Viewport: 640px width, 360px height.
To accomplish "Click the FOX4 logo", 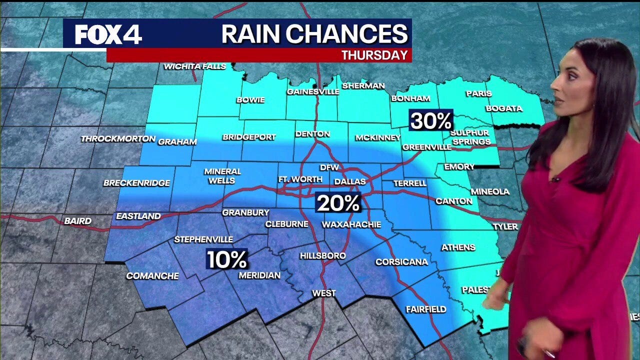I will tap(108, 34).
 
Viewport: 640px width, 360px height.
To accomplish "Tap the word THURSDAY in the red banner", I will tap(374, 55).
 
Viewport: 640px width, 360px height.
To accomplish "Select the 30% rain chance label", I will tap(431, 120).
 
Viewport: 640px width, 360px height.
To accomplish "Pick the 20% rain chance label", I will tap(338, 203).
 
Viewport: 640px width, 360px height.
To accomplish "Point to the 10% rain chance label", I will tap(227, 259).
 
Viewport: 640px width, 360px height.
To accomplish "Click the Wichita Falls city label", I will tap(195, 66).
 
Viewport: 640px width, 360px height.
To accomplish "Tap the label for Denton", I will tap(312, 134).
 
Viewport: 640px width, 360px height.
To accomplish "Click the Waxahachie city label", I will tap(351, 224).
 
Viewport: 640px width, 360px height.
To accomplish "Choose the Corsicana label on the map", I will tap(401, 262).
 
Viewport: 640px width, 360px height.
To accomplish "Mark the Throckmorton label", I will tap(118, 138).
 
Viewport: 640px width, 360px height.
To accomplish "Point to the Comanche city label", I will tap(152, 275).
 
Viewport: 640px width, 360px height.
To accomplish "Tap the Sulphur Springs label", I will tap(470, 137).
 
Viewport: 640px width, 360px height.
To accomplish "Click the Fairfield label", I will tap(425, 309).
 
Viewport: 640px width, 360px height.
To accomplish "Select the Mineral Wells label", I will tap(222, 175).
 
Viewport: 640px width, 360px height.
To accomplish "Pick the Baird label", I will tap(78, 220).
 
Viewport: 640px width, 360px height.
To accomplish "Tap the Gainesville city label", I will tap(313, 91).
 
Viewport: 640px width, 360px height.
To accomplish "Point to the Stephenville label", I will tap(203, 239).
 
